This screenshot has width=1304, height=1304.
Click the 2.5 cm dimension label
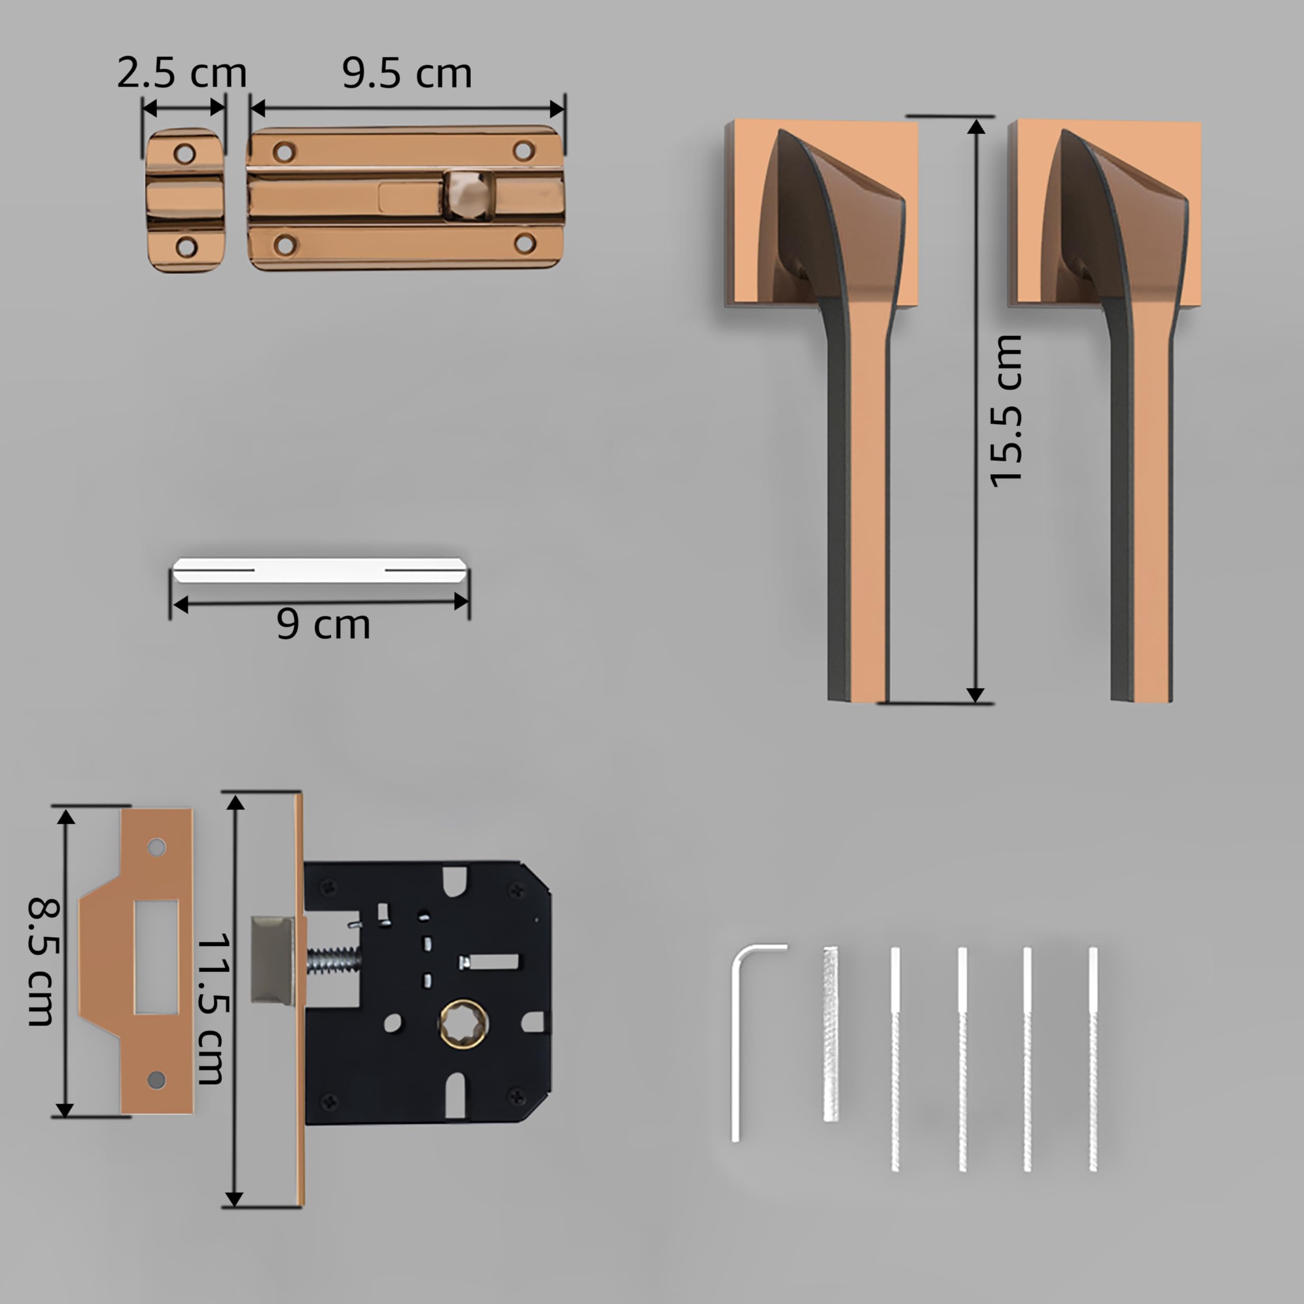181,73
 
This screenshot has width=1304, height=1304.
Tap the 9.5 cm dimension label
406,73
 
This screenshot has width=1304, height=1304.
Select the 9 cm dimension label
323,624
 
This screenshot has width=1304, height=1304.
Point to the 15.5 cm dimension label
1006,411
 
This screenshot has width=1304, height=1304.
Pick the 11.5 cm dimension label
213,1009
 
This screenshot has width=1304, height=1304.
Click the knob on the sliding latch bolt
469,195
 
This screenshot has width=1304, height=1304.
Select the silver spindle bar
319,570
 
